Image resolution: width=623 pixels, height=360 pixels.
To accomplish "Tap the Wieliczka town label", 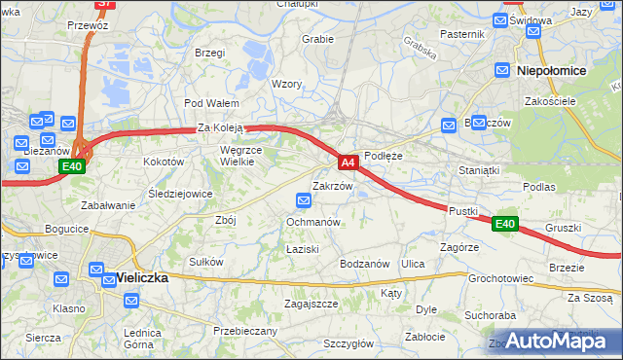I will click(141, 277).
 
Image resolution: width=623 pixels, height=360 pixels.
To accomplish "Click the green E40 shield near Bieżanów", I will click(71, 167).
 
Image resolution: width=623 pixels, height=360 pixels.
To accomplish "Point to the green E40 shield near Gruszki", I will click(503, 224).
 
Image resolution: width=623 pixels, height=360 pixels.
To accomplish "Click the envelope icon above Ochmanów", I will click(304, 201).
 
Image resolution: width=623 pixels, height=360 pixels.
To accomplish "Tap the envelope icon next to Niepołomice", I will click(502, 70).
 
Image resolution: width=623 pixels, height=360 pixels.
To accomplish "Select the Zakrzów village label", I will click(331, 185).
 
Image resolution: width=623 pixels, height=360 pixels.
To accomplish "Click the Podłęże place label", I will click(383, 156).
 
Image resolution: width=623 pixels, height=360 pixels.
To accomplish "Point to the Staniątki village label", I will click(478, 170).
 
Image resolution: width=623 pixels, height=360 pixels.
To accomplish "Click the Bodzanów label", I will click(365, 264).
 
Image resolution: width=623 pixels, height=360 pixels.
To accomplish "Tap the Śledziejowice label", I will click(180, 194).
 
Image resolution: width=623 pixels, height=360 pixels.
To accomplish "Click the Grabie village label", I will click(318, 39).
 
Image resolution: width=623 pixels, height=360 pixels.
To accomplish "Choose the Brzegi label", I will click(209, 53).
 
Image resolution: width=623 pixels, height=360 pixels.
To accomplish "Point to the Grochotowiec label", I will click(500, 278).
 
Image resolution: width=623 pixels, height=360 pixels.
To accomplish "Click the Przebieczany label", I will click(245, 331).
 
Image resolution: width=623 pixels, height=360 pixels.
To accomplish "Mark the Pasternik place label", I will click(461, 34).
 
